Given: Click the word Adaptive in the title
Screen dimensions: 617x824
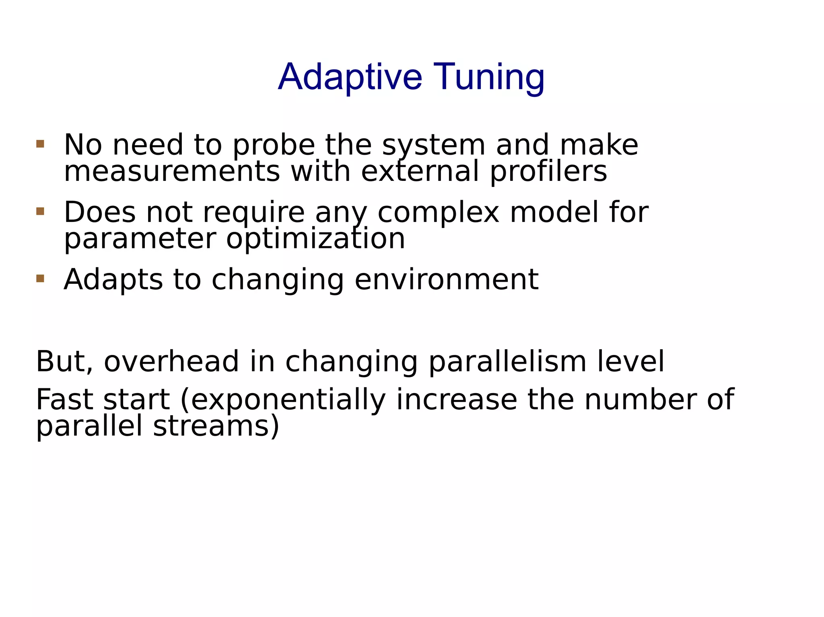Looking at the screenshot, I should pyautogui.click(x=350, y=77).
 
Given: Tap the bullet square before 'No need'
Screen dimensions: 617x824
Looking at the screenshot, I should pyautogui.click(x=40, y=144).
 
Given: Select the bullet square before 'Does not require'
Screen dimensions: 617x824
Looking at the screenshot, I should pyautogui.click(x=40, y=211).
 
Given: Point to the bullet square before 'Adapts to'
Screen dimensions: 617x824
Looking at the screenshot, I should pyautogui.click(x=40, y=279).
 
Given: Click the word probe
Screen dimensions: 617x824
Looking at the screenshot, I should pyautogui.click(x=274, y=146).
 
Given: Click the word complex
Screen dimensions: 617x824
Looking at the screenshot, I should pyautogui.click(x=438, y=213).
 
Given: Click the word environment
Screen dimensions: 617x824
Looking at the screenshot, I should pyautogui.click(x=446, y=280).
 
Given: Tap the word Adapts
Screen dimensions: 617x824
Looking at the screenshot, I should pyautogui.click(x=113, y=280).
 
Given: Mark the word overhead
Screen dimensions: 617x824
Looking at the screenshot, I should pyautogui.click(x=172, y=362).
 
